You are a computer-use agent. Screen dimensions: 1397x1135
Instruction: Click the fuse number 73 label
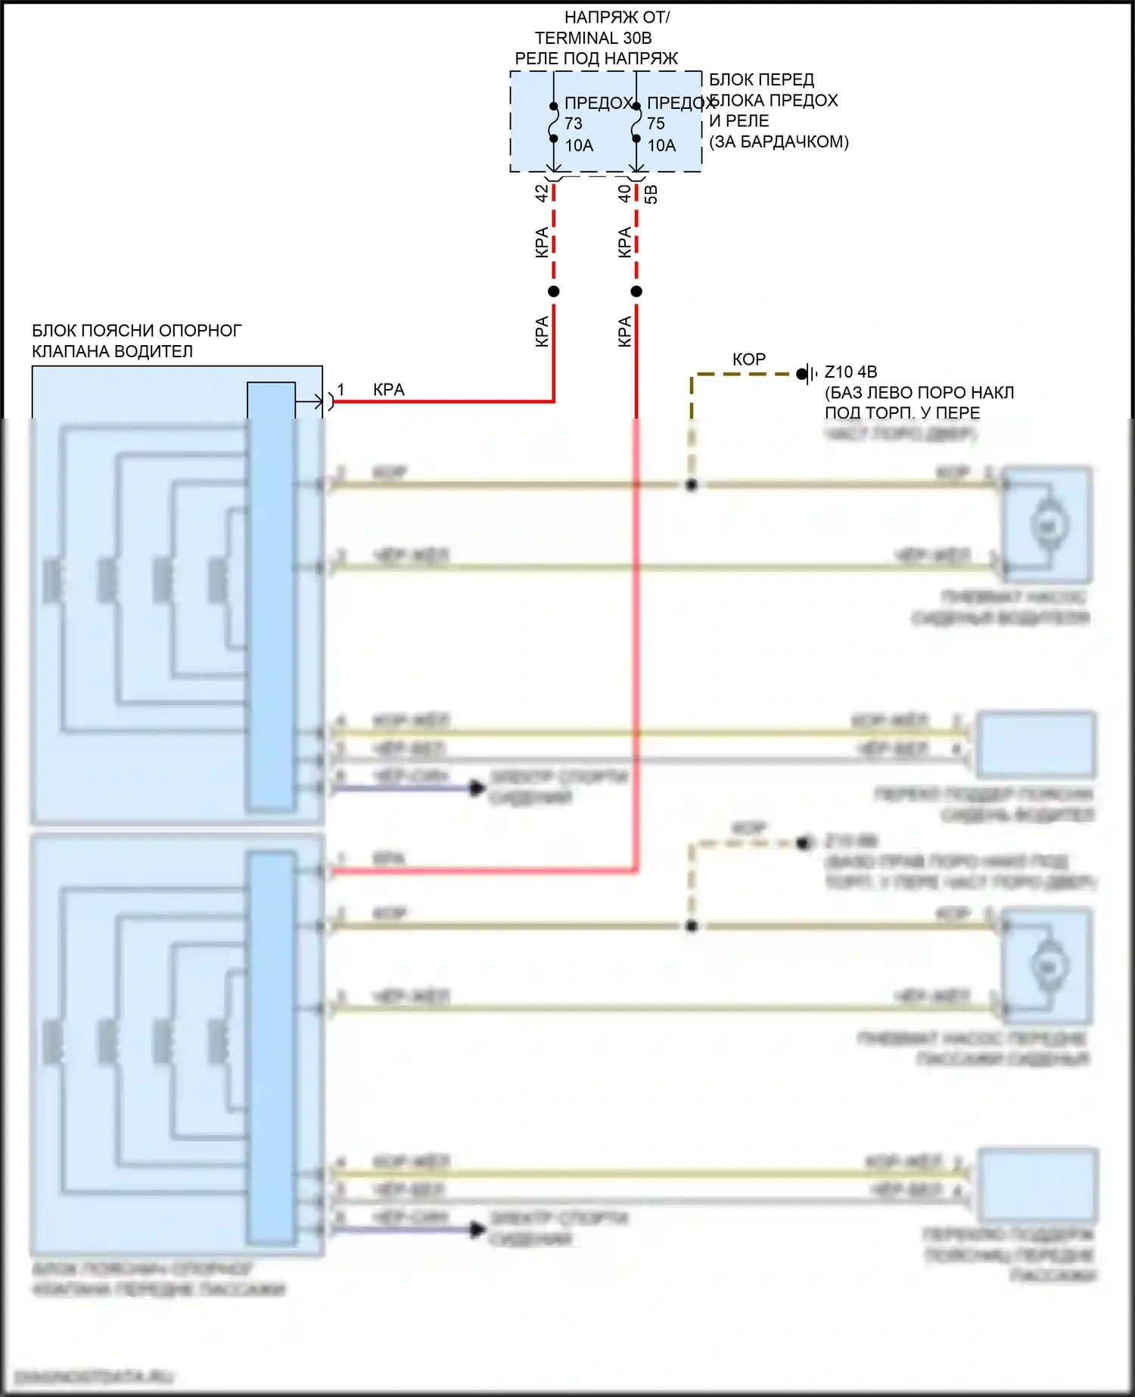574,123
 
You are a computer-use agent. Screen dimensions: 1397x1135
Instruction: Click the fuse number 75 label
656,123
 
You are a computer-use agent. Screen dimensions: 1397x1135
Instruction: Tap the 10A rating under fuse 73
579,145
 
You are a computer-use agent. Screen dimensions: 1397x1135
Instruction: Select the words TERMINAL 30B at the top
593,38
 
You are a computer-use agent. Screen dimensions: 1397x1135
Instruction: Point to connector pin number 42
542,194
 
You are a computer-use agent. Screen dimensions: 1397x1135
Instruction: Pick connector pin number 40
624,194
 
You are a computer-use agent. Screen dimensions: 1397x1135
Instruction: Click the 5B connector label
651,194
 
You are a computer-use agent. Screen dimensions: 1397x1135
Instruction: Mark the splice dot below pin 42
554,291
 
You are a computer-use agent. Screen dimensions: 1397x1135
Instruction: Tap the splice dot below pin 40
636,291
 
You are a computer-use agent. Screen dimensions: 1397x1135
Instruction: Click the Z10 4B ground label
850,372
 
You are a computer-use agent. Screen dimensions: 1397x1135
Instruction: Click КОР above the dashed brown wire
749,359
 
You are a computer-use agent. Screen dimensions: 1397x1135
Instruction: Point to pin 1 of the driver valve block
340,390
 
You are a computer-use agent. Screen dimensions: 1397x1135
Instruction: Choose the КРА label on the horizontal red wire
389,390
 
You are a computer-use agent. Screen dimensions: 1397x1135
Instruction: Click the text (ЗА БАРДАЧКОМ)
779,142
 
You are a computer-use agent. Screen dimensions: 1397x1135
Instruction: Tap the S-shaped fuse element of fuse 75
636,123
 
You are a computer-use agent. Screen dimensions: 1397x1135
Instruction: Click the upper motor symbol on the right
1049,525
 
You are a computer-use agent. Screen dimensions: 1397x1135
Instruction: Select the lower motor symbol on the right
1049,966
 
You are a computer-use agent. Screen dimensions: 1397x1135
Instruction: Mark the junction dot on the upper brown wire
691,484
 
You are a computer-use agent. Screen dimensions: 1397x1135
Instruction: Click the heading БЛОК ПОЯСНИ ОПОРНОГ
137,331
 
